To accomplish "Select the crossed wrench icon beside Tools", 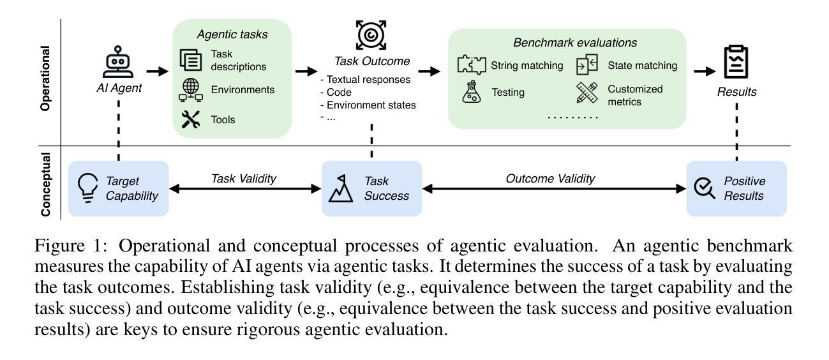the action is [x=191, y=119].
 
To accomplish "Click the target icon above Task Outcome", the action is [x=371, y=35].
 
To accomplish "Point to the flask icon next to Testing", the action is [x=472, y=91].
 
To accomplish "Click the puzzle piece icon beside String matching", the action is [x=472, y=64].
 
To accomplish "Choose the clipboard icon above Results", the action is [x=736, y=61].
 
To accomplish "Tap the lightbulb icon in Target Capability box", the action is [x=87, y=188].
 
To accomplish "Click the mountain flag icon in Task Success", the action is [x=341, y=188].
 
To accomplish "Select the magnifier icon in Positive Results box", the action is [x=705, y=188].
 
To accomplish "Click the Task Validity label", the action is [x=244, y=179].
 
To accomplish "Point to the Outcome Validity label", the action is [x=550, y=179].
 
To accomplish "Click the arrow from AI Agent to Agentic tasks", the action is [x=157, y=71].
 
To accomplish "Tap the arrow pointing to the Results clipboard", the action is [x=705, y=71].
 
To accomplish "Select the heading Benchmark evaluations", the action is [x=575, y=43].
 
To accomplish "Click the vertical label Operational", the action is [x=45, y=78].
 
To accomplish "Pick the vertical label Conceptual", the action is [x=45, y=184].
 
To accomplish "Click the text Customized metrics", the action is [x=635, y=95].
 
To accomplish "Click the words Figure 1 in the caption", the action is [x=71, y=246].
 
